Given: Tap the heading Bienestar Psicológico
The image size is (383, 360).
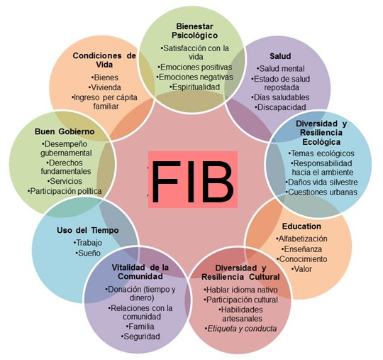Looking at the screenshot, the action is point(194,31).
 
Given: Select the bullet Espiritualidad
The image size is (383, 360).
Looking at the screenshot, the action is point(195,87).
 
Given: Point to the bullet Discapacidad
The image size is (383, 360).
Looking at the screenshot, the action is point(280,107).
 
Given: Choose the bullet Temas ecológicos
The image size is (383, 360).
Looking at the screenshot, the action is point(321,153).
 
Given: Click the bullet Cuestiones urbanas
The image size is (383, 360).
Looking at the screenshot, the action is point(321,192).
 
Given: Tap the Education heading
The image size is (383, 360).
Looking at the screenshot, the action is point(301,227).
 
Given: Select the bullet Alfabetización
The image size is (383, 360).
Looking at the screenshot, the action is point(301,239).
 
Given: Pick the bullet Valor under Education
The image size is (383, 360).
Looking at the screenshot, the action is point(301,269).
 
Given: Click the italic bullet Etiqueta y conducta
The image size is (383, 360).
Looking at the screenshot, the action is point(240,329).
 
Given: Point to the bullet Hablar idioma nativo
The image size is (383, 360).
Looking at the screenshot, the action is point(240,290).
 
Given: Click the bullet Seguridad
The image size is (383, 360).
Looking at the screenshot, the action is point(140,337).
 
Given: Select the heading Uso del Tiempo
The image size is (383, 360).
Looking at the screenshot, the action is point(88,230).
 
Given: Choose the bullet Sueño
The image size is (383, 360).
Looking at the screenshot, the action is point(88,253).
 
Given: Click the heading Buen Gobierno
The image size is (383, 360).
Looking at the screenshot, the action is point(65,131).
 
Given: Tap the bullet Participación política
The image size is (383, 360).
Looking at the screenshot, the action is point(65,191).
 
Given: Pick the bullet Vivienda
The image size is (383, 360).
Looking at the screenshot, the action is point(105,87).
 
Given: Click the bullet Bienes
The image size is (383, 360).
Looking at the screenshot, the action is point(105,77).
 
